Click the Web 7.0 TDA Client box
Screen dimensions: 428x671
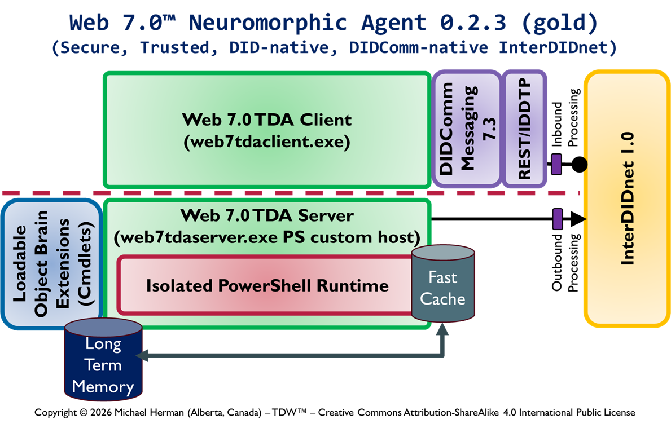[x=266, y=130]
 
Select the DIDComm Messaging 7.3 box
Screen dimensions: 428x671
[x=466, y=129]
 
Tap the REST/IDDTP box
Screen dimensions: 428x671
[x=524, y=129]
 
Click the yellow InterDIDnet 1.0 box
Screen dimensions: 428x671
[x=628, y=198]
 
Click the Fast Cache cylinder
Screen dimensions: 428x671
[x=442, y=288]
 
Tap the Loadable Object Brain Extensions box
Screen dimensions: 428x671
[x=51, y=263]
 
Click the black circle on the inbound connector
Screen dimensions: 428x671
[x=579, y=165]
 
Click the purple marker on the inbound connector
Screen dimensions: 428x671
[x=556, y=164]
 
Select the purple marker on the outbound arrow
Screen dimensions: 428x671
[x=558, y=218]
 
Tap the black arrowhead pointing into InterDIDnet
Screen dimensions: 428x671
[x=578, y=218]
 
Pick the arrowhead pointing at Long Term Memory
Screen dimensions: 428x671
[x=142, y=355]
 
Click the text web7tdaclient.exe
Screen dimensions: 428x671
[x=267, y=142]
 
